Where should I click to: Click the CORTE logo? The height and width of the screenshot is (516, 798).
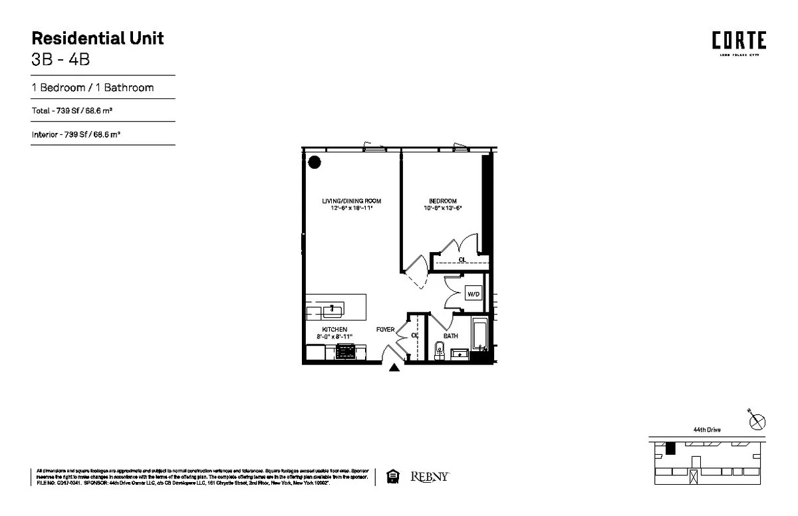(x=739, y=41)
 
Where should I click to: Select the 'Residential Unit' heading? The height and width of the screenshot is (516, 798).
(x=98, y=38)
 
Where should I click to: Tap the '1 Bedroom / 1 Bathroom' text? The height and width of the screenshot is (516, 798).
(x=93, y=87)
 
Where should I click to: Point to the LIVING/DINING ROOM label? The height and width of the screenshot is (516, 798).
(x=351, y=201)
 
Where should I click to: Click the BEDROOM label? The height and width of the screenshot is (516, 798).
(x=442, y=201)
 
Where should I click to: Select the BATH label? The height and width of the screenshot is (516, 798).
(x=451, y=336)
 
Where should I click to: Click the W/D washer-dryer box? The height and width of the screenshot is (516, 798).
(x=473, y=293)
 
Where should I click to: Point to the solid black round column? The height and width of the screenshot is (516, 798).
(x=315, y=162)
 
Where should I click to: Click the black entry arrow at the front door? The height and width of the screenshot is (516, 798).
(x=394, y=368)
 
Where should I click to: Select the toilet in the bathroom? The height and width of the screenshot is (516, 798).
(x=438, y=351)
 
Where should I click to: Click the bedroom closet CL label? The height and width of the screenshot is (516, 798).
(x=462, y=260)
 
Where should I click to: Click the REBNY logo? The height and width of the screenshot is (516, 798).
(x=430, y=477)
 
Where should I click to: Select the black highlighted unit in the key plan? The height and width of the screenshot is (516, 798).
(x=670, y=450)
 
